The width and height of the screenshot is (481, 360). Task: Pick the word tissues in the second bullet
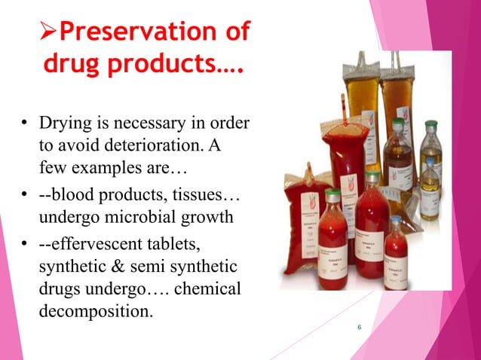pos(198,197)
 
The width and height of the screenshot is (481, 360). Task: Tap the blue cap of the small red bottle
pos(397,220)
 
